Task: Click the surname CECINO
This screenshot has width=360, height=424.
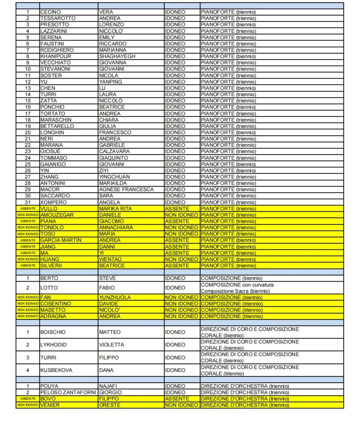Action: (50, 12)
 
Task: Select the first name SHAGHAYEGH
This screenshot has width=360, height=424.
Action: (117, 56)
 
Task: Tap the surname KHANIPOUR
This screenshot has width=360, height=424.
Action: (55, 56)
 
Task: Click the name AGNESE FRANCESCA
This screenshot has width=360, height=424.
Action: (126, 189)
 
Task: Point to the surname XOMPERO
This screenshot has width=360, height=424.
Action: (53, 202)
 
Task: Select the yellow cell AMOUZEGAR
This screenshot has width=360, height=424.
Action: (57, 215)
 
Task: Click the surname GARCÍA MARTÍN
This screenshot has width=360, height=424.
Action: (61, 240)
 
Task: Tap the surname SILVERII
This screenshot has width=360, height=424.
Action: (51, 266)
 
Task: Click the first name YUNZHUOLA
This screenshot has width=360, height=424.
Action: (115, 297)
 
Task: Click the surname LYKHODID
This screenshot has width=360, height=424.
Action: (53, 345)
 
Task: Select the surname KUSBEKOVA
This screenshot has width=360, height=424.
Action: (56, 370)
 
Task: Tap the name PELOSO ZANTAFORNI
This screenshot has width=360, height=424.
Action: (68, 392)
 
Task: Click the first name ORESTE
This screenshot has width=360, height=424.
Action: (109, 405)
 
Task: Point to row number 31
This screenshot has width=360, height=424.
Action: (28, 202)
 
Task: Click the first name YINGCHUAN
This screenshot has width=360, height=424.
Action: (114, 177)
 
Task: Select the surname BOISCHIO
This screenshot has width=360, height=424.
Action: (53, 332)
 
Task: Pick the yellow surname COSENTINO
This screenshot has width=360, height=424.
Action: (55, 304)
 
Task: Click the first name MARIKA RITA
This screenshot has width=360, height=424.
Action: (115, 209)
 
